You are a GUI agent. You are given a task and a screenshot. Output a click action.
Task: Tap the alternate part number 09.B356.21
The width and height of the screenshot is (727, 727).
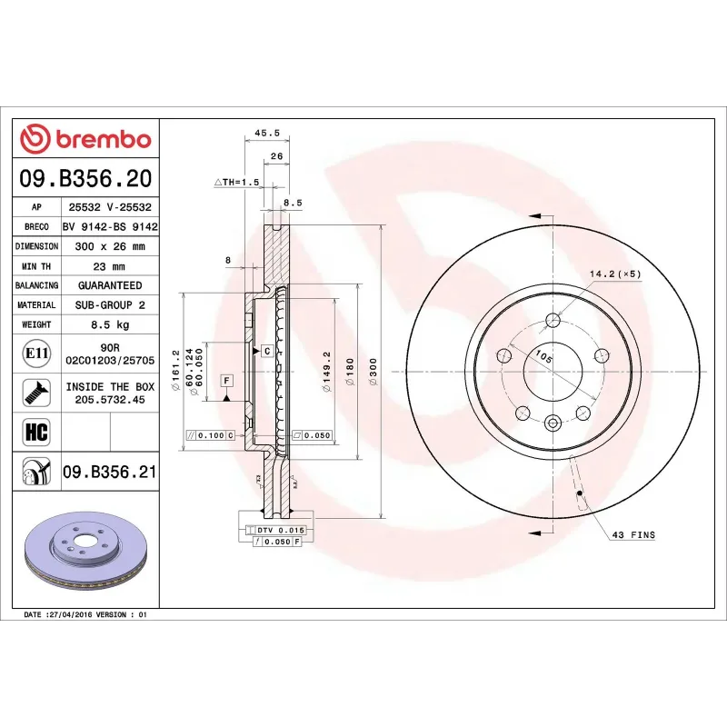coord(110,471)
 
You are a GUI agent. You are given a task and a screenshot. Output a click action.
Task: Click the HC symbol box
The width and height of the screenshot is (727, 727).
coord(35,431)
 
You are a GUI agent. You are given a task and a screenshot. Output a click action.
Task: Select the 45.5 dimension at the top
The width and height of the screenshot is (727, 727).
coord(266,133)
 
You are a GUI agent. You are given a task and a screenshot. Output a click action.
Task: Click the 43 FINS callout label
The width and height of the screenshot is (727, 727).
coord(632,535)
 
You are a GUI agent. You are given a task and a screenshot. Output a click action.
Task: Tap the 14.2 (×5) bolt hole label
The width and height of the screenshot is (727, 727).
coord(615,274)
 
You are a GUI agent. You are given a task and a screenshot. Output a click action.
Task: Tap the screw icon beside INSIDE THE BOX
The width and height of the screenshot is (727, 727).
coord(35,393)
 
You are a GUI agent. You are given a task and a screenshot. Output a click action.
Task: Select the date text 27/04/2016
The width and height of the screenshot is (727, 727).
coord(75,615)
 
